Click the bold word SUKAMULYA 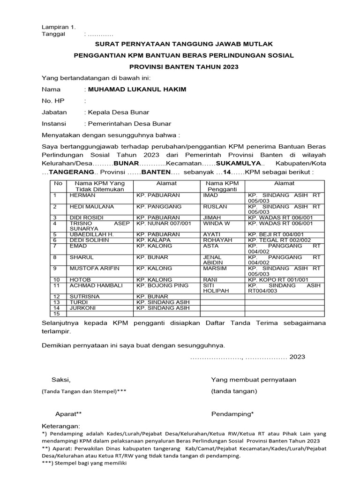[243, 163]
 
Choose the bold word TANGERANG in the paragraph [69, 172]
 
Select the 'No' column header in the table [58, 183]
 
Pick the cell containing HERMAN [82, 195]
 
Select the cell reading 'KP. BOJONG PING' [162, 285]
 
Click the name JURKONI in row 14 [83, 308]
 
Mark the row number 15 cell [58, 314]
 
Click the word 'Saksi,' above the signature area [61, 379]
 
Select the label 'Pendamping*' [232, 414]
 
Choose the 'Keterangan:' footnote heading [61, 427]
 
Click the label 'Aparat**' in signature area [69, 414]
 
